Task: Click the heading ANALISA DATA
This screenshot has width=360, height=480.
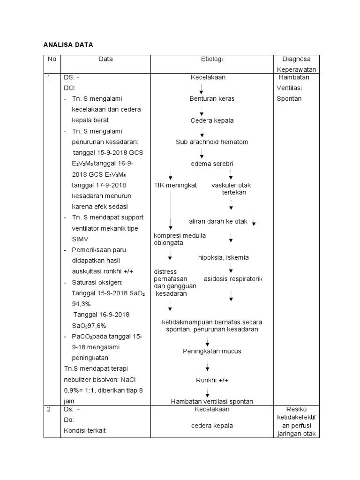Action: (68, 45)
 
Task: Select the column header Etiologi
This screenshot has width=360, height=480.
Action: (211, 59)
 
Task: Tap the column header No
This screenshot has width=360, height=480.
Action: (52, 59)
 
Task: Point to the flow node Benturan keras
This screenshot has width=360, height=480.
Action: (211, 99)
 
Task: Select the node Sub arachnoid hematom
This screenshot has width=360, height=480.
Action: (212, 142)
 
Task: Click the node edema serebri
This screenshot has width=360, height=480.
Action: (212, 164)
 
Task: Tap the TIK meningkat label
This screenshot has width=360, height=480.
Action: (175, 185)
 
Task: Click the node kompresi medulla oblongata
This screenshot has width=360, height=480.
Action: (180, 239)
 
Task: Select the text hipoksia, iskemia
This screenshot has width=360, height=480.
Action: (224, 257)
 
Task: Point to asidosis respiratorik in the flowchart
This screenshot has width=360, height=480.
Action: (233, 279)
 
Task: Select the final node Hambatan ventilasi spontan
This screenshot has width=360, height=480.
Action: (212, 401)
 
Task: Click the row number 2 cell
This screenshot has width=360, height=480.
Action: (50, 409)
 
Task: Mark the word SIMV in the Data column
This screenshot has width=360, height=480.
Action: (80, 239)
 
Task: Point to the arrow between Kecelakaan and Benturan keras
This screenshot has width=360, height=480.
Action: (201, 89)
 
